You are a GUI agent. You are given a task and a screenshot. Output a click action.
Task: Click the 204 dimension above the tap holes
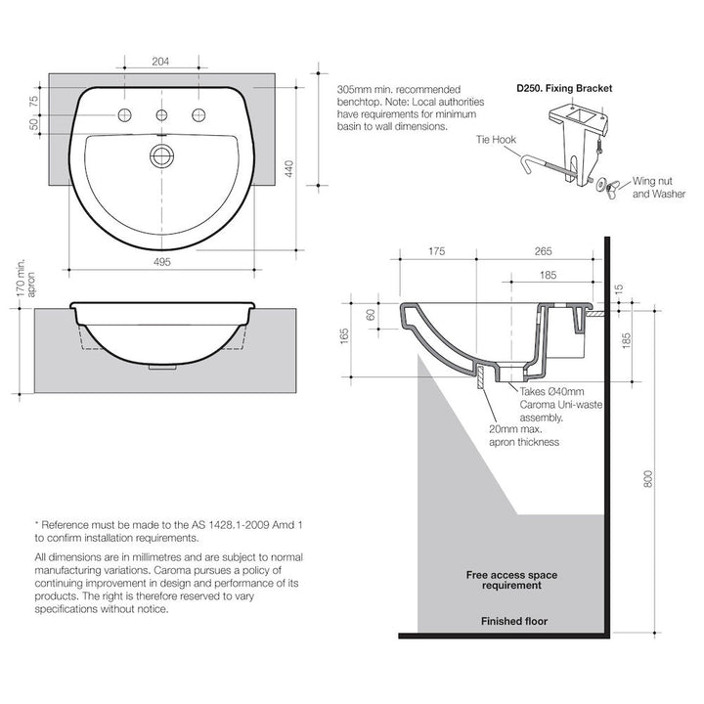pyautogui.click(x=161, y=62)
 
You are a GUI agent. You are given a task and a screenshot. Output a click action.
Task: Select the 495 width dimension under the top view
pyautogui.click(x=162, y=262)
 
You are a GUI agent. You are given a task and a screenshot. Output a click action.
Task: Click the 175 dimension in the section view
pyautogui.click(x=437, y=251)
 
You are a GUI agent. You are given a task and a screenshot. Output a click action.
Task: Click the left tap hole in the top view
pyautogui.click(x=124, y=116)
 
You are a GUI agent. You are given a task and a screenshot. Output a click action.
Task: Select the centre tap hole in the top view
pyautogui.click(x=162, y=116)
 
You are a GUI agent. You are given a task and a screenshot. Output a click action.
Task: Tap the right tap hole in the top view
pyautogui.click(x=200, y=116)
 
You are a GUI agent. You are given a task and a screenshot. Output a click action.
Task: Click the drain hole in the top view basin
pyautogui.click(x=162, y=154)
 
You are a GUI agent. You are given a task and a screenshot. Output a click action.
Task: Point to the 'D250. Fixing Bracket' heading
pyautogui.click(x=564, y=88)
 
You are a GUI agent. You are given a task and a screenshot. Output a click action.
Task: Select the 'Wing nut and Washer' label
pyautogui.click(x=658, y=189)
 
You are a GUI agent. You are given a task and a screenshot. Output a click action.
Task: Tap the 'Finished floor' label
pyautogui.click(x=514, y=621)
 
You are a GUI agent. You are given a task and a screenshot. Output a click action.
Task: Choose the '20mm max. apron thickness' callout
pyautogui.click(x=524, y=435)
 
